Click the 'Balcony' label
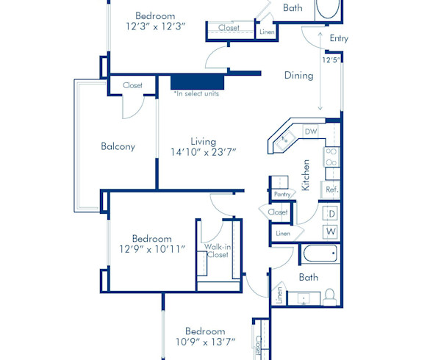[x=118, y=146]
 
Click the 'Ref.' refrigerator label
[x=331, y=190]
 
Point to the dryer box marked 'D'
[x=331, y=213]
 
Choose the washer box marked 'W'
[x=331, y=232]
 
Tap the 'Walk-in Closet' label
[x=217, y=251]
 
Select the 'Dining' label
[x=298, y=75]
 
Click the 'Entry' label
[x=339, y=38]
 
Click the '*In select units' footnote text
[x=196, y=93]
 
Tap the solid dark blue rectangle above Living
[x=197, y=81]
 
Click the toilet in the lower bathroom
[x=329, y=295]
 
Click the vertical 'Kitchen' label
[x=306, y=176]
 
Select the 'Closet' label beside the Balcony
[x=132, y=85]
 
